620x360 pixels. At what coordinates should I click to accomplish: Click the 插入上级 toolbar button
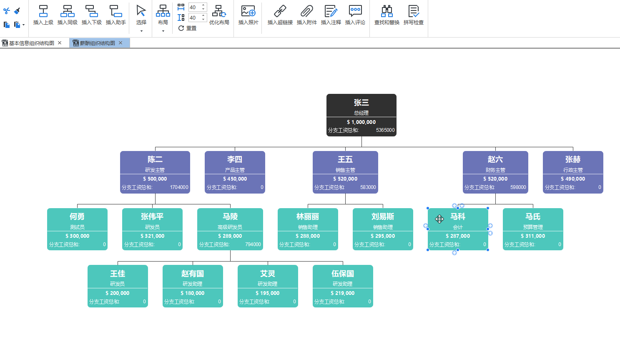(43, 15)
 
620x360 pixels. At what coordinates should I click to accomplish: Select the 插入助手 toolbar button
(115, 15)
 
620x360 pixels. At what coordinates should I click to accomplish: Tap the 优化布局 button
(219, 15)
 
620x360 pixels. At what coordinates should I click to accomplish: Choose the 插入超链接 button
(280, 15)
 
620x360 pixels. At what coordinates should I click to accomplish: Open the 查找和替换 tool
(387, 15)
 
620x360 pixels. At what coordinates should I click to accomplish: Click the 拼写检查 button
(414, 15)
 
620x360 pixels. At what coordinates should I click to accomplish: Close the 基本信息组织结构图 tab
(60, 43)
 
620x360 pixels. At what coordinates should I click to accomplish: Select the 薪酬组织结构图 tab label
(97, 43)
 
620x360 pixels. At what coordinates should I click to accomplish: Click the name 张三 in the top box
(361, 103)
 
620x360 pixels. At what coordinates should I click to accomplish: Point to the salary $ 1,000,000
(361, 122)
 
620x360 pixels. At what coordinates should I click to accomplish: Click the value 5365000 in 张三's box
(385, 130)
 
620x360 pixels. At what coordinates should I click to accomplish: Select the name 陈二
(155, 159)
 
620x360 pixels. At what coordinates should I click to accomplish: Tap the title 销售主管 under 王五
(345, 170)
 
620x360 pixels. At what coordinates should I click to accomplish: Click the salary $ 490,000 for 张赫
(573, 179)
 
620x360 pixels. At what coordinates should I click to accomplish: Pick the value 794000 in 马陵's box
(253, 244)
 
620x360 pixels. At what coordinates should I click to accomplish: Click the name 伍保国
(343, 274)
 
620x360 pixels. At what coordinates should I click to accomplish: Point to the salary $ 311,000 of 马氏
(533, 236)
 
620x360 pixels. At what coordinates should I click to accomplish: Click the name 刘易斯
(383, 217)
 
